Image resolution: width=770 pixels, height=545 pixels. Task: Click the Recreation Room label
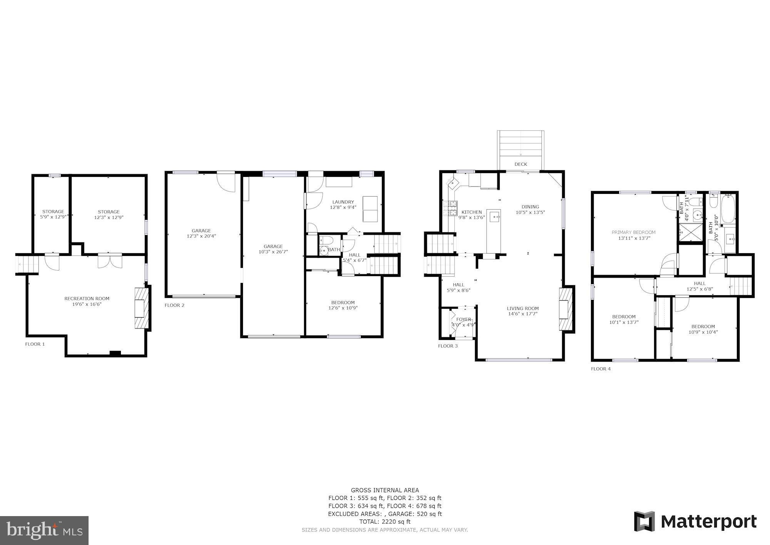[x=87, y=299]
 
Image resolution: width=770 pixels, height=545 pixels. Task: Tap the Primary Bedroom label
[x=633, y=232]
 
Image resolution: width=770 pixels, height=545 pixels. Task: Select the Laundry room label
[x=343, y=202]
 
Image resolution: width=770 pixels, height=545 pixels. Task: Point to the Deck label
[x=521, y=164]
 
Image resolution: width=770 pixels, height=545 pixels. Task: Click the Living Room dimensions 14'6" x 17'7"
[x=522, y=314]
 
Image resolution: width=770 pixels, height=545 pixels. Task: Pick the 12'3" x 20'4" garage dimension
[x=201, y=236]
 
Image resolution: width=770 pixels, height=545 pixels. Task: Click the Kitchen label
[x=472, y=212]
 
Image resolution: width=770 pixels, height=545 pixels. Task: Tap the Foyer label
[x=463, y=319]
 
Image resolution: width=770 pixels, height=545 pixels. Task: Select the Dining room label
[x=530, y=207]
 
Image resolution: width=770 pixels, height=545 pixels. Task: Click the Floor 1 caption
[x=35, y=344]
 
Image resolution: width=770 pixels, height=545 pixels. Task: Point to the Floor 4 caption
[x=601, y=369]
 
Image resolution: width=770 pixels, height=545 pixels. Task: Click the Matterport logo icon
[x=645, y=522]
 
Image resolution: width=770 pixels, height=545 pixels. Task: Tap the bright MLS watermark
[x=44, y=531]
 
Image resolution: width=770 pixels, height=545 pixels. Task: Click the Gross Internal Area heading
[x=385, y=490]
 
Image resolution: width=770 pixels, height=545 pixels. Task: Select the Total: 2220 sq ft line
[x=385, y=521]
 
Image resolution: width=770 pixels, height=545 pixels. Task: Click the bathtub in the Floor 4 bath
[x=728, y=209]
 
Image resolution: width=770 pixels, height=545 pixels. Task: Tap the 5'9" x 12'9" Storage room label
[x=53, y=214]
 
